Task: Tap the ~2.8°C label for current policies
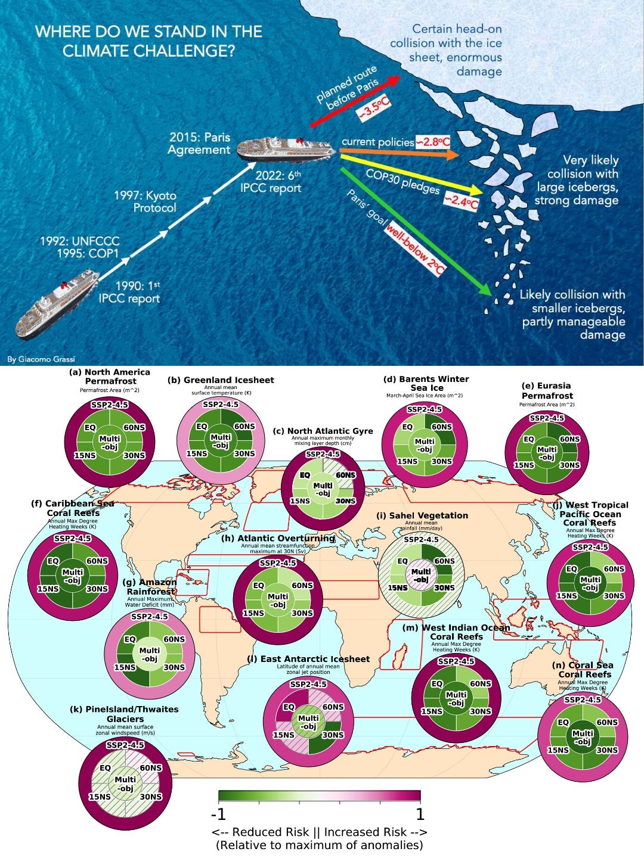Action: click(x=433, y=142)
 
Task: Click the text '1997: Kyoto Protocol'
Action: click(x=145, y=201)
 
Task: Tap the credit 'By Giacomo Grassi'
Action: click(x=41, y=359)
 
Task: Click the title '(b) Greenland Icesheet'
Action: click(x=221, y=380)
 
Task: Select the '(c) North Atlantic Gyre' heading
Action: click(x=323, y=431)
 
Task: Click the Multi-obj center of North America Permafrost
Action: click(x=110, y=443)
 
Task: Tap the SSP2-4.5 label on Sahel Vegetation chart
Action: click(x=421, y=540)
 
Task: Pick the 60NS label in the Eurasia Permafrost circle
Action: click(x=569, y=439)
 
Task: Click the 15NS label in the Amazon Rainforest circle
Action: click(x=125, y=667)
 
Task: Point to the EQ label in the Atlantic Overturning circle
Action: click(x=258, y=585)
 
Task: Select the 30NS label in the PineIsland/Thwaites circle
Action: click(x=151, y=797)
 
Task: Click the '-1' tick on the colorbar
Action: click(x=218, y=814)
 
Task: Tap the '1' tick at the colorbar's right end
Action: click(x=420, y=814)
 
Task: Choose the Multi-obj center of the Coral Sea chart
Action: click(x=583, y=738)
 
